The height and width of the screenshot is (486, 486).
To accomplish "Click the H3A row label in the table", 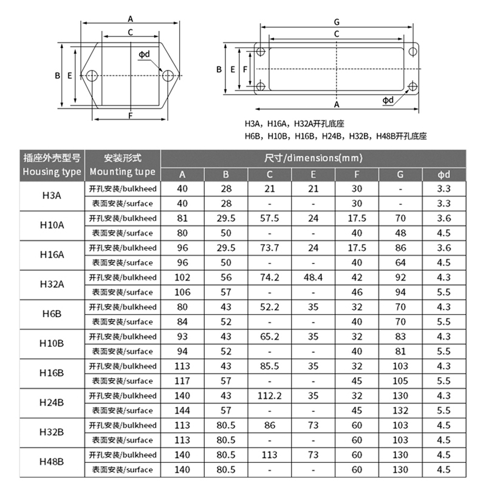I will [x=52, y=196].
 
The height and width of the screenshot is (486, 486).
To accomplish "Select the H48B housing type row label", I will [x=52, y=462].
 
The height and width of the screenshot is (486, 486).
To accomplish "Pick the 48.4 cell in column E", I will [x=313, y=277].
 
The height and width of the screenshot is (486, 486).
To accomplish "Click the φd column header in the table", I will [x=444, y=175].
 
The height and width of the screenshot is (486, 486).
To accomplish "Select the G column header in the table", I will [x=400, y=175].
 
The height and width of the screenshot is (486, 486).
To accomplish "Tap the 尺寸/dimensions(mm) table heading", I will [x=313, y=158].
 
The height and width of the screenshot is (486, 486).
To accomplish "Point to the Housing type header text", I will [x=52, y=172].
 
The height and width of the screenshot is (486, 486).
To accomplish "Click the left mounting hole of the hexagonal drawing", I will [x=92, y=76].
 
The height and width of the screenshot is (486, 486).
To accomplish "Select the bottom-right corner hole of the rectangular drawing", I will [x=412, y=86].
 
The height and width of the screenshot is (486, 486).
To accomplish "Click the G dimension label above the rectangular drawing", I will [x=337, y=22].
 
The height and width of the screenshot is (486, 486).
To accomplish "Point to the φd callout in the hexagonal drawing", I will [x=144, y=55].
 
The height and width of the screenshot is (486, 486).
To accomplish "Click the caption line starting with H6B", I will [x=335, y=136].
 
